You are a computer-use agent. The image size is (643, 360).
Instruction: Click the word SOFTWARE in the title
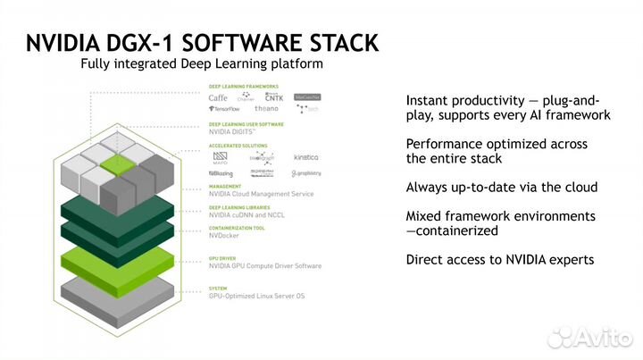pyautogui.click(x=231, y=43)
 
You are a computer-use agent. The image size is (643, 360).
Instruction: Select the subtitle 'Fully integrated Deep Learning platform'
pyautogui.click(x=201, y=64)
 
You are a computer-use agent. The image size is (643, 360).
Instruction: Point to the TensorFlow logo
pyautogui.click(x=227, y=108)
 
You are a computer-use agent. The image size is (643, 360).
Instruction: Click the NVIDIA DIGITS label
pyautogui.click(x=234, y=131)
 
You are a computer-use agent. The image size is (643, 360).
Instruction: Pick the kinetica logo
pyautogui.click(x=305, y=156)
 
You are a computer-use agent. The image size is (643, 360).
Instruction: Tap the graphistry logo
pyautogui.click(x=305, y=173)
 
